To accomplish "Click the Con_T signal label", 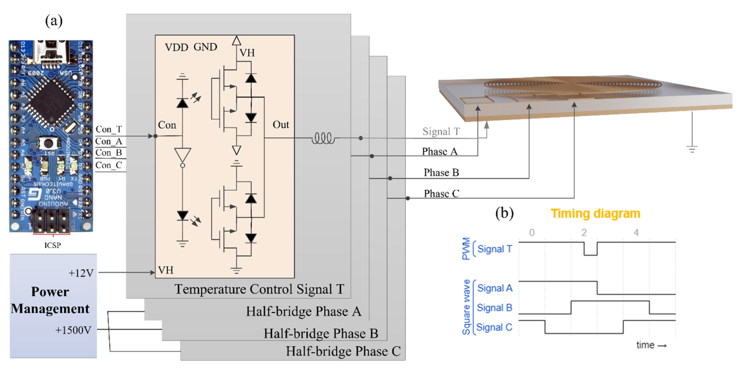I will [109, 129].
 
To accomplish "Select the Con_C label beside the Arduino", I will [109, 165].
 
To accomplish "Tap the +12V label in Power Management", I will [81, 273].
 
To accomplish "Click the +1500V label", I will [73, 330].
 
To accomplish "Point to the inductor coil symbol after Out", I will [323, 138].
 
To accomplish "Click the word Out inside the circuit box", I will [280, 125].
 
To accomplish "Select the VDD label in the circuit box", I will [176, 47].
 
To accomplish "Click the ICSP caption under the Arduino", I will [52, 246].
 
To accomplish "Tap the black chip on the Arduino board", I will [52, 102].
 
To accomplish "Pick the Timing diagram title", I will [595, 214].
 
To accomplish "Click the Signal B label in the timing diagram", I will [494, 308].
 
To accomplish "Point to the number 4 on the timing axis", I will [636, 233].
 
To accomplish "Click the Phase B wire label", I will [441, 173].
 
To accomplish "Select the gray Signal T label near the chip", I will [441, 132].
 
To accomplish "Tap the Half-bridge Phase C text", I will [343, 351].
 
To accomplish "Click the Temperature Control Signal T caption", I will [259, 289].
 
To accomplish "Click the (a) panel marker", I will [54, 21].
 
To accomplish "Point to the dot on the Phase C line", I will [408, 198].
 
